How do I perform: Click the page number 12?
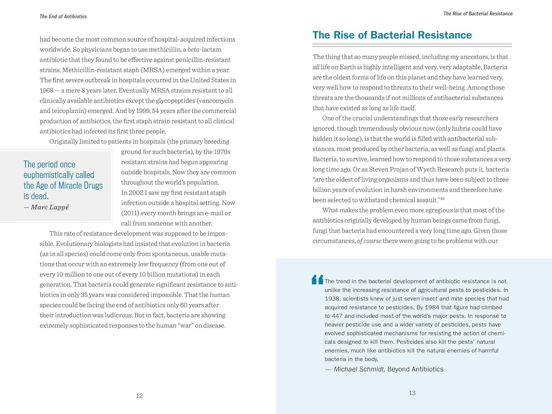139,396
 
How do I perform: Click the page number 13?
412,393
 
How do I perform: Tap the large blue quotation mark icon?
317,280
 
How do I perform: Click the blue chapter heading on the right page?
392,35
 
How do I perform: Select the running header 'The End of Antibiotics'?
63,17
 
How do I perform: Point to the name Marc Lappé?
50,207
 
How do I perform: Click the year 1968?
47,91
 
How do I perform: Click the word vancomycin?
216,101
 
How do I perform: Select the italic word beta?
194,50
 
